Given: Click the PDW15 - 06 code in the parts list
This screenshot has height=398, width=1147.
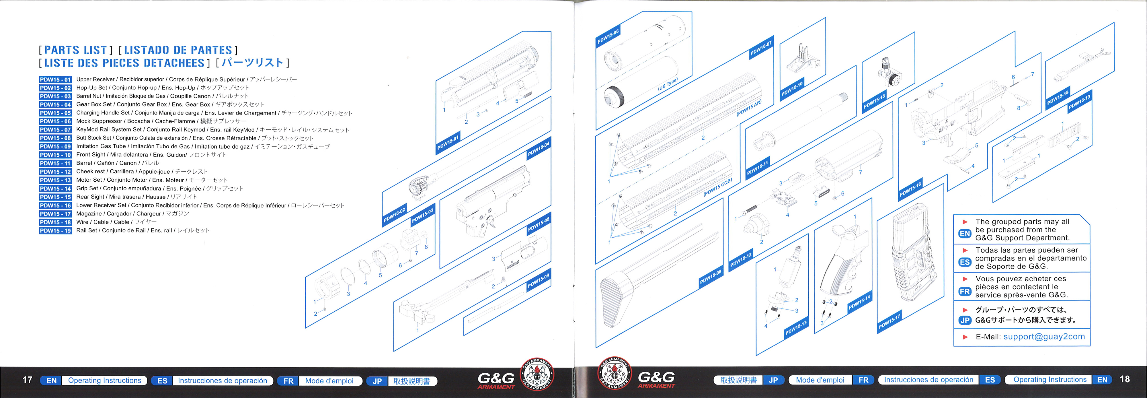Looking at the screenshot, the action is (x=55, y=121).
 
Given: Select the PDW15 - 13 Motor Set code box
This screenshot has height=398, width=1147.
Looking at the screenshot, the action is (x=55, y=180).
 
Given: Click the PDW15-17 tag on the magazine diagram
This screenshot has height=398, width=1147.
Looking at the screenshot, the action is (x=889, y=322).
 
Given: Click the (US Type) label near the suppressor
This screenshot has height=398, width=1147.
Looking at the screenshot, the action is (x=668, y=84).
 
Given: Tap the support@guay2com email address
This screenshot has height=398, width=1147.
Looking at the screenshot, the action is (x=1044, y=337).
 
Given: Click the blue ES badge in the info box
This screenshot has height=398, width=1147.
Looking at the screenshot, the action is (x=965, y=262).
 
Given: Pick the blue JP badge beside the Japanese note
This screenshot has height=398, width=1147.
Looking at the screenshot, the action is (x=965, y=320).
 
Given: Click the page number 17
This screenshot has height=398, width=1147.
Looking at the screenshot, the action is (x=27, y=380).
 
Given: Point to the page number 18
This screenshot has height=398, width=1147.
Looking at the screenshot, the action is (x=1125, y=379).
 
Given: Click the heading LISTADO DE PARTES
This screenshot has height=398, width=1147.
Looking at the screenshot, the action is (x=178, y=50).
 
